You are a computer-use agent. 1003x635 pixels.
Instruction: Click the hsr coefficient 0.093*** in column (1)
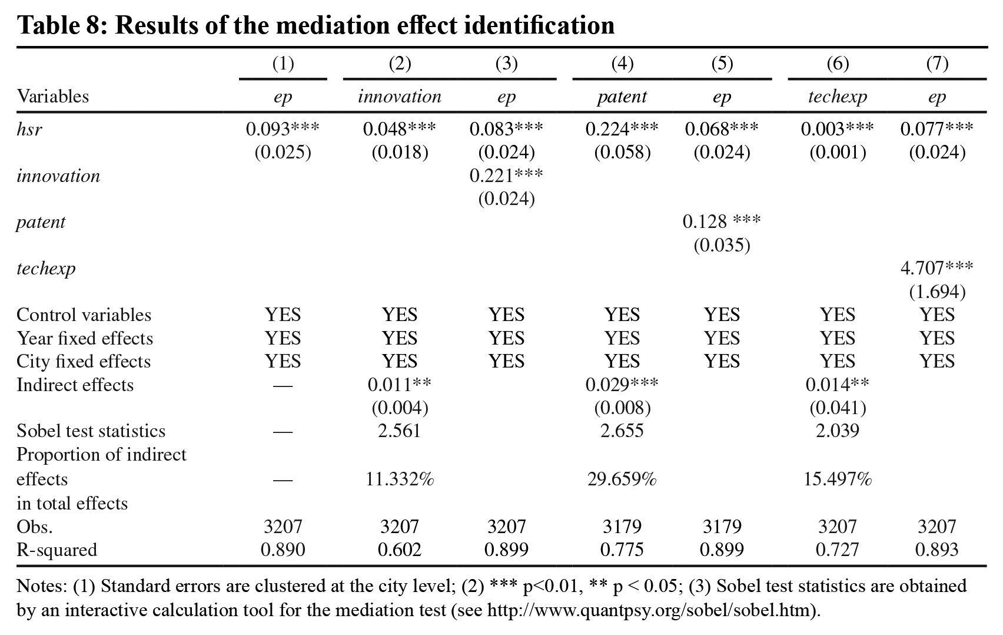pos(283,129)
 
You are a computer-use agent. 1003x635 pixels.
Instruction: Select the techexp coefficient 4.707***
pos(936,268)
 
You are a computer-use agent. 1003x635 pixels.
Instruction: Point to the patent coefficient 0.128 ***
pos(722,221)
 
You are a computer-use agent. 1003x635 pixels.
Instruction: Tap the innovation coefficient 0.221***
pos(506,175)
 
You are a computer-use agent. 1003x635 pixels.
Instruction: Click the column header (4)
pos(622,64)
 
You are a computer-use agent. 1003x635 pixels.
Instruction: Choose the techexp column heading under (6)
pos(838,97)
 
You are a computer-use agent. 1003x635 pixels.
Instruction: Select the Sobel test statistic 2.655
pos(622,431)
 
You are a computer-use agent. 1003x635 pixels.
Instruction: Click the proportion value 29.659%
pos(622,479)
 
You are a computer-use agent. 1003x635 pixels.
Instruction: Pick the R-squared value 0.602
pos(400,550)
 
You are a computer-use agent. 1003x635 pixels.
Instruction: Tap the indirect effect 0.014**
pos(837,385)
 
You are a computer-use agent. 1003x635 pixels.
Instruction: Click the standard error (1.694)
pos(936,292)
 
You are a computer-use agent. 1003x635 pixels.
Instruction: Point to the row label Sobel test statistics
pos(91,431)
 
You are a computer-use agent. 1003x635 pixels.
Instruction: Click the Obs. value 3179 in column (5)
pos(722,527)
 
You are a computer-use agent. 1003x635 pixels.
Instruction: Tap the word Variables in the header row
pos(53,97)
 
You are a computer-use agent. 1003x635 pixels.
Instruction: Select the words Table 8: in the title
pos(62,25)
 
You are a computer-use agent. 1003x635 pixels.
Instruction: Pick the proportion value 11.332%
pos(400,479)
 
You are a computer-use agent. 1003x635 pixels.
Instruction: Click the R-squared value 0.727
pos(837,550)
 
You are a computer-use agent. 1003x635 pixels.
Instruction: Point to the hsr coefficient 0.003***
pos(837,129)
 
